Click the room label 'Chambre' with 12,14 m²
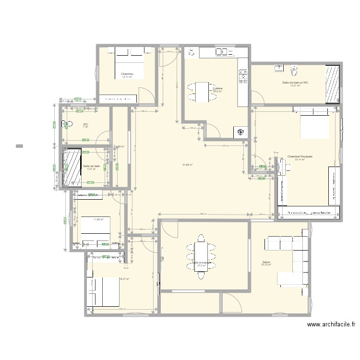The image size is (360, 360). coord(127,74)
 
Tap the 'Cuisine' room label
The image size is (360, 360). coord(217,88)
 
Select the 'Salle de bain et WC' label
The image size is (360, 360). coord(295,83)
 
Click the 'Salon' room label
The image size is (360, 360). coord(266,262)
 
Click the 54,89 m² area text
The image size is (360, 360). coord(187,165)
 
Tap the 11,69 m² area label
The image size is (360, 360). coord(99,219)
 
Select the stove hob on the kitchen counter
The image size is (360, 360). coord(243,74)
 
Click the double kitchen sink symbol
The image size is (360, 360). coord(222,52)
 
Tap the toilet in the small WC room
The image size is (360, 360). coord(67,124)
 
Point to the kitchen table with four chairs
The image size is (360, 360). coord(201,91)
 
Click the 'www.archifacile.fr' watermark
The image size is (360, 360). coord(331,324)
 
